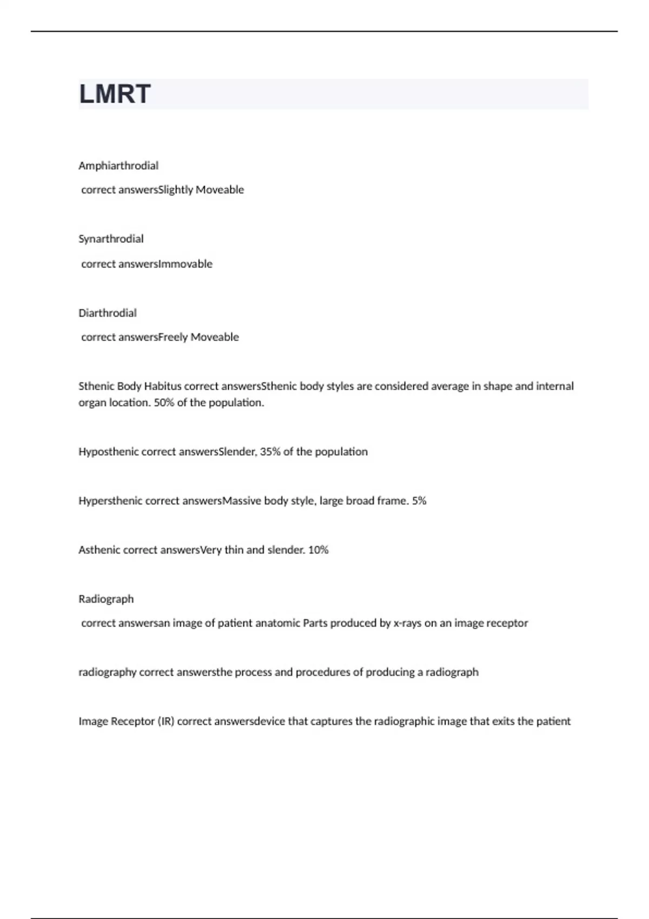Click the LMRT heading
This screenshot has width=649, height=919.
[115, 94]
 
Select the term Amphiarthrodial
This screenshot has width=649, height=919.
[118, 165]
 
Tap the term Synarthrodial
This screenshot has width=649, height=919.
[111, 238]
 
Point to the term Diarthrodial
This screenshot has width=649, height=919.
[108, 312]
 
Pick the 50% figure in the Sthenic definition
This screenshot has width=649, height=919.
[163, 402]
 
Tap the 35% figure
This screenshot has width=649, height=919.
[270, 451]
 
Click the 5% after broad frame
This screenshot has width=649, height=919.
[419, 501]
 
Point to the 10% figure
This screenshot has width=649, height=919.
[318, 550]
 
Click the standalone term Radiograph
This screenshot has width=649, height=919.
[106, 599]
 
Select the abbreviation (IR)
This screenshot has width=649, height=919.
[166, 721]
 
